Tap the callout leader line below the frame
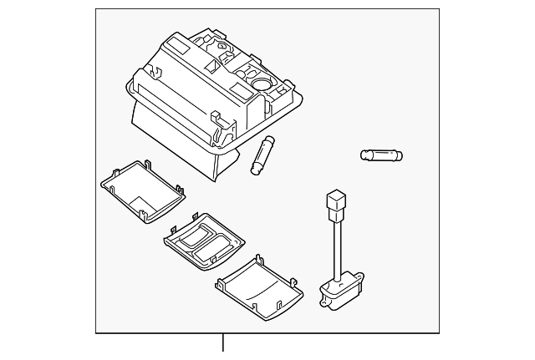point(223,344)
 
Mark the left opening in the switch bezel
point(194,241)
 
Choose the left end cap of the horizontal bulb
point(364,155)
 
